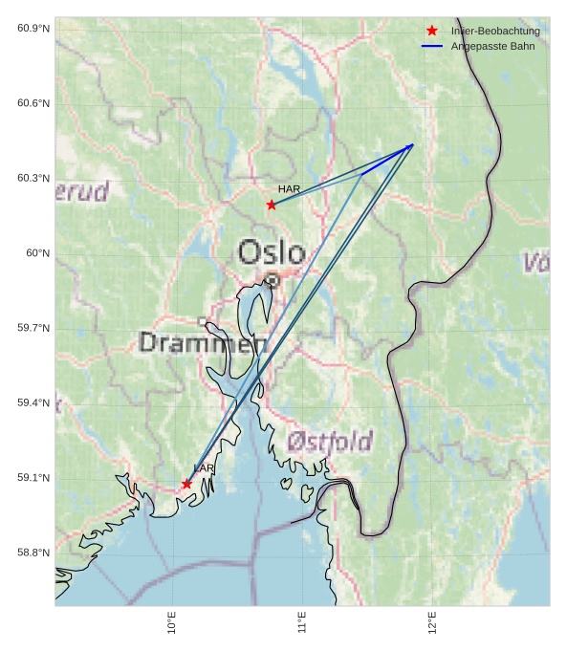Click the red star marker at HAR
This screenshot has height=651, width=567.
pos(272,205)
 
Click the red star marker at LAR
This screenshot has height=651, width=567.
pos(186,484)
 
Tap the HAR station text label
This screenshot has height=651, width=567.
pos(289,189)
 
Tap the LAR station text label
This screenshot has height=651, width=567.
pos(204,467)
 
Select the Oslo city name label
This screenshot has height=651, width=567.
pos(272,252)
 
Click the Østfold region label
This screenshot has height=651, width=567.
pos(330,442)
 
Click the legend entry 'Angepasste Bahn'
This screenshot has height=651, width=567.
pos(492,46)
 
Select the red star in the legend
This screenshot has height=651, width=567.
pos(432,31)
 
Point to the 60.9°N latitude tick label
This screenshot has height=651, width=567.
pos(33,29)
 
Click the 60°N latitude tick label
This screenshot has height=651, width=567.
pos(37,253)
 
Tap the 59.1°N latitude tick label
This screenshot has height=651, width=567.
pos(33,478)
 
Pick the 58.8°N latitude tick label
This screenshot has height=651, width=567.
pos(33,553)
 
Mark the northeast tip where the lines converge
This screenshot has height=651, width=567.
pos(413,144)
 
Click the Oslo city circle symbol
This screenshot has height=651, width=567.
pos(273,280)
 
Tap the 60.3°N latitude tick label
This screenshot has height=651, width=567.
pos(33,179)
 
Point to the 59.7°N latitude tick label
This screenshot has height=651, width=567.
pos(33,328)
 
